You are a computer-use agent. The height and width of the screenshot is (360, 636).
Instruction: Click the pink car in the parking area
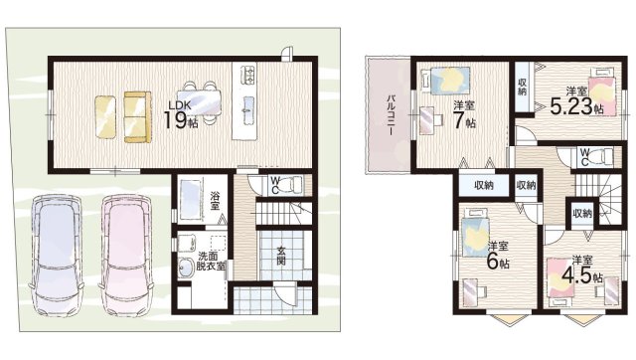(x=126, y=255)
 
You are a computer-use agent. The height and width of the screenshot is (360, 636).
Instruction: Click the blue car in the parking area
(x=57, y=255)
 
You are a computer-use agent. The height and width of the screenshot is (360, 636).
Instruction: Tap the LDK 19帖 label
(x=181, y=114)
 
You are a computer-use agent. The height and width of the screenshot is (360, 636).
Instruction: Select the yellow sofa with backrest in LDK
(x=137, y=117)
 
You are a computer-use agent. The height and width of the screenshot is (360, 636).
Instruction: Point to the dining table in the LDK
(x=199, y=102)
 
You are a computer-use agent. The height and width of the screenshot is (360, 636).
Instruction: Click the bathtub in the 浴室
(x=191, y=200)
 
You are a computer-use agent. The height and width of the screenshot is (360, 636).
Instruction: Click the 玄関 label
(x=281, y=256)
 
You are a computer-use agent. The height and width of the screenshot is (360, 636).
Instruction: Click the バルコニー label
(x=391, y=115)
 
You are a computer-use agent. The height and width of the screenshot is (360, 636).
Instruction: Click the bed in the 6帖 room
(x=475, y=234)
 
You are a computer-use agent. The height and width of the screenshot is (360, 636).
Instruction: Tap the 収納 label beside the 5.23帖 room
(x=523, y=87)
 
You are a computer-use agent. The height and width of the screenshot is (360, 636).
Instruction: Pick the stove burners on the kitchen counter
(x=248, y=75)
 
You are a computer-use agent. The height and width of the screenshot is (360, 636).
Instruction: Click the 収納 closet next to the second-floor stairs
(x=582, y=213)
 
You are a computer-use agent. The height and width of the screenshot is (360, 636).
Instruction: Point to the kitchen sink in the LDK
(x=248, y=107)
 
